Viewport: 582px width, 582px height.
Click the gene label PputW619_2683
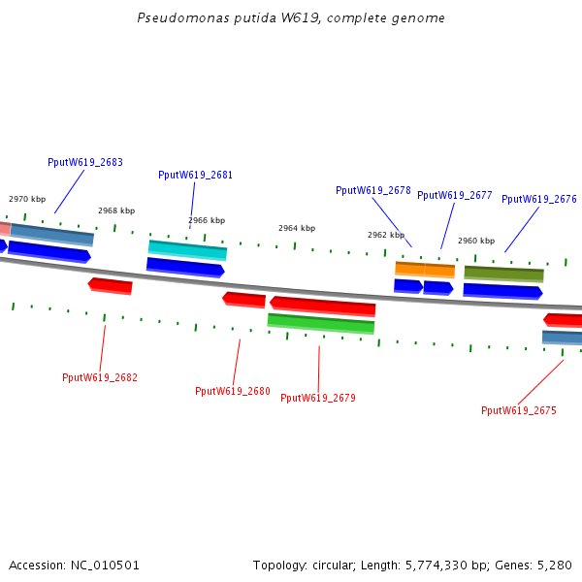pyautogui.click(x=85, y=162)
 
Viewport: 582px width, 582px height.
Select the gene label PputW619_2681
pyautogui.click(x=195, y=175)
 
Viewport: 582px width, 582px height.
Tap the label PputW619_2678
pyautogui.click(x=373, y=190)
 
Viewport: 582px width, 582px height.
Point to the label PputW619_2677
pyautogui.click(x=454, y=195)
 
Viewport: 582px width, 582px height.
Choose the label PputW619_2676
pyautogui.click(x=538, y=199)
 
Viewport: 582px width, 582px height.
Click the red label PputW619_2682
pyautogui.click(x=100, y=377)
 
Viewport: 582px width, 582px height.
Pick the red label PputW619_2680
pyautogui.click(x=233, y=391)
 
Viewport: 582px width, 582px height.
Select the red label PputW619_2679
pyautogui.click(x=318, y=398)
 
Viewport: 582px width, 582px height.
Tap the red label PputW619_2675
pyautogui.click(x=519, y=410)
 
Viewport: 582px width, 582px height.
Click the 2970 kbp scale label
pyautogui.click(x=27, y=199)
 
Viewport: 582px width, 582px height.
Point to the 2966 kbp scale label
pyautogui.click(x=207, y=220)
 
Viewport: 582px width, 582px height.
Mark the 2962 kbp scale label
pyautogui.click(x=385, y=235)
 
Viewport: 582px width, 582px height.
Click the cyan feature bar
pyautogui.click(x=187, y=250)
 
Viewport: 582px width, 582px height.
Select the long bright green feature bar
pyautogui.click(x=320, y=323)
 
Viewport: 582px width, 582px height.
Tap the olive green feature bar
pyautogui.click(x=503, y=274)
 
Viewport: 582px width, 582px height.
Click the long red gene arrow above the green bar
pyautogui.click(x=322, y=306)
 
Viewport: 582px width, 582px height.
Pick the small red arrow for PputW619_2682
pyautogui.click(x=111, y=285)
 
